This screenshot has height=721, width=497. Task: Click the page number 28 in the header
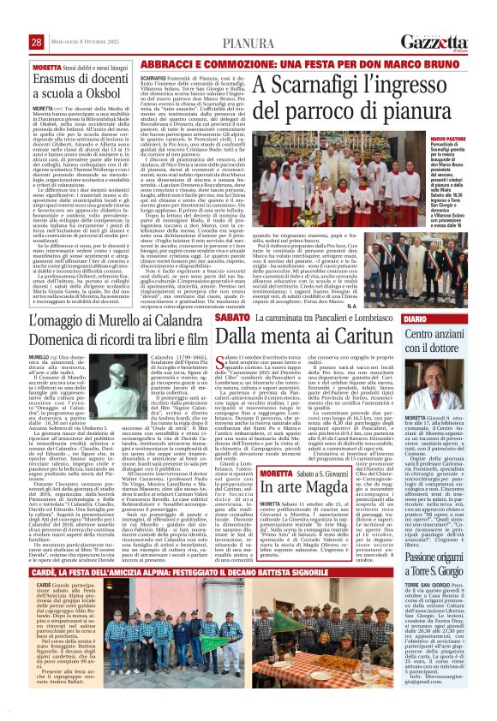tap(37, 20)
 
